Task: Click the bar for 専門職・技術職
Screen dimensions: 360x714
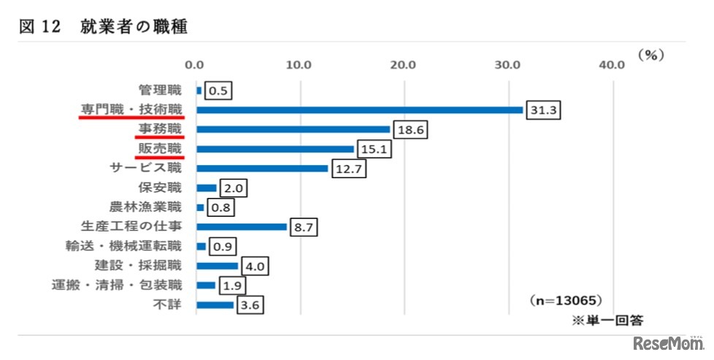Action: click(x=359, y=110)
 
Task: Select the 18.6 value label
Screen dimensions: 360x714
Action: click(x=408, y=130)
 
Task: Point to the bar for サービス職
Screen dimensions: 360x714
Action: click(x=262, y=169)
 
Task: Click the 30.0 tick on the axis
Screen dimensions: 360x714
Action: click(x=507, y=65)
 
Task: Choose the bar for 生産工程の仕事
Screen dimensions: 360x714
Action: click(x=242, y=226)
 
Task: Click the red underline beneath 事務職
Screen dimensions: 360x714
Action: click(x=160, y=137)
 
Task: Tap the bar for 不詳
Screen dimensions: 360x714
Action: click(x=215, y=305)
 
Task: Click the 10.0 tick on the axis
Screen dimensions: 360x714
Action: click(x=299, y=65)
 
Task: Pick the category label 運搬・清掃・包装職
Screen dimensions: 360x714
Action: click(x=117, y=284)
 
